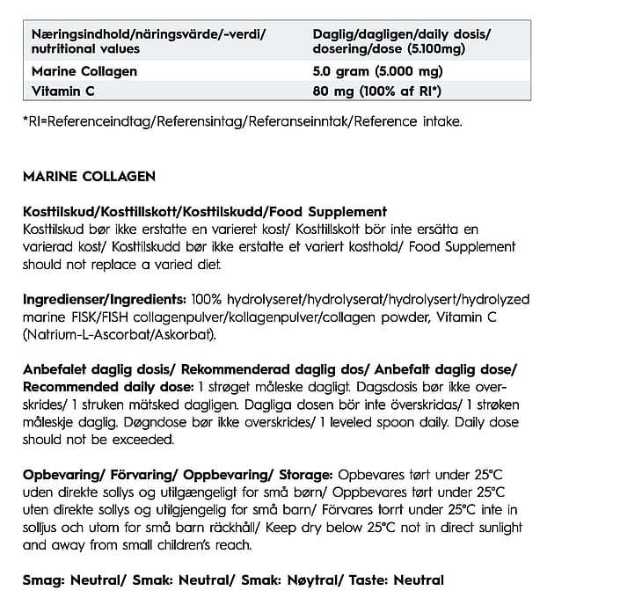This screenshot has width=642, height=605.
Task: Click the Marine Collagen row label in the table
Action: (84, 71)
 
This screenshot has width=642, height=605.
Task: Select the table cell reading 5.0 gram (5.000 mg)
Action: (377, 71)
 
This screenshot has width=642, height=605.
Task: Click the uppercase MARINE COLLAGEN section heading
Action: (89, 176)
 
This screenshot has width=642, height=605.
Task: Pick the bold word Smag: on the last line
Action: (42, 579)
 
